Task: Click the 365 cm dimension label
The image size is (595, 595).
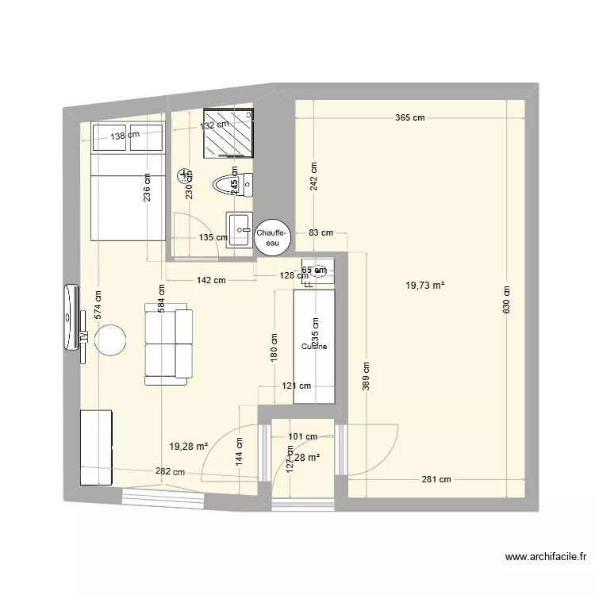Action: point(410,117)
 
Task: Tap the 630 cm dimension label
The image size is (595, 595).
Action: point(507,301)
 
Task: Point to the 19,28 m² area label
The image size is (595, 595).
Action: point(188,447)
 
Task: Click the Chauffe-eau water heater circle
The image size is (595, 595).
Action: point(272,236)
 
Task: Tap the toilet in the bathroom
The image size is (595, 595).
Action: point(232,185)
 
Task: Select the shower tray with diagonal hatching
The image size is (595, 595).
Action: point(231,132)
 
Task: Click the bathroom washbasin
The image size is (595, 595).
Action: point(239,230)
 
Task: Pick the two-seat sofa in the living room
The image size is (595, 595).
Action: point(169,343)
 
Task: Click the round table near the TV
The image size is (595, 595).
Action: point(110,340)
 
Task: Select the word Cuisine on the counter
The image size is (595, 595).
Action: point(314,346)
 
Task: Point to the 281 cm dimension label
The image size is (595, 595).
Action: point(436,478)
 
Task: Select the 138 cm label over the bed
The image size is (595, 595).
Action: point(125,136)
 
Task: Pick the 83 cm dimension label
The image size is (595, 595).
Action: point(321,232)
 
